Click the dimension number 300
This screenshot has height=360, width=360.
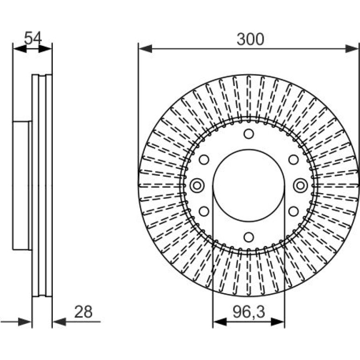click(250, 39)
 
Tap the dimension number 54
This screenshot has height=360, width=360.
click(33, 38)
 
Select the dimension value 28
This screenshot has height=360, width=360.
click(83, 312)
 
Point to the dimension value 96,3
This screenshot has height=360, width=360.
click(249, 312)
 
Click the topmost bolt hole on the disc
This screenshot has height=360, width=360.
click(249, 134)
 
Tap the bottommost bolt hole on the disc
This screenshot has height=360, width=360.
click(249, 237)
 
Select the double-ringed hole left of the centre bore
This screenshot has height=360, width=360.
click(197, 186)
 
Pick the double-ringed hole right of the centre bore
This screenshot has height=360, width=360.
click(301, 185)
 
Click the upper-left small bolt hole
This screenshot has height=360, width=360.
click(204, 159)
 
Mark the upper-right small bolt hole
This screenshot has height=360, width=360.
click(294, 159)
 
